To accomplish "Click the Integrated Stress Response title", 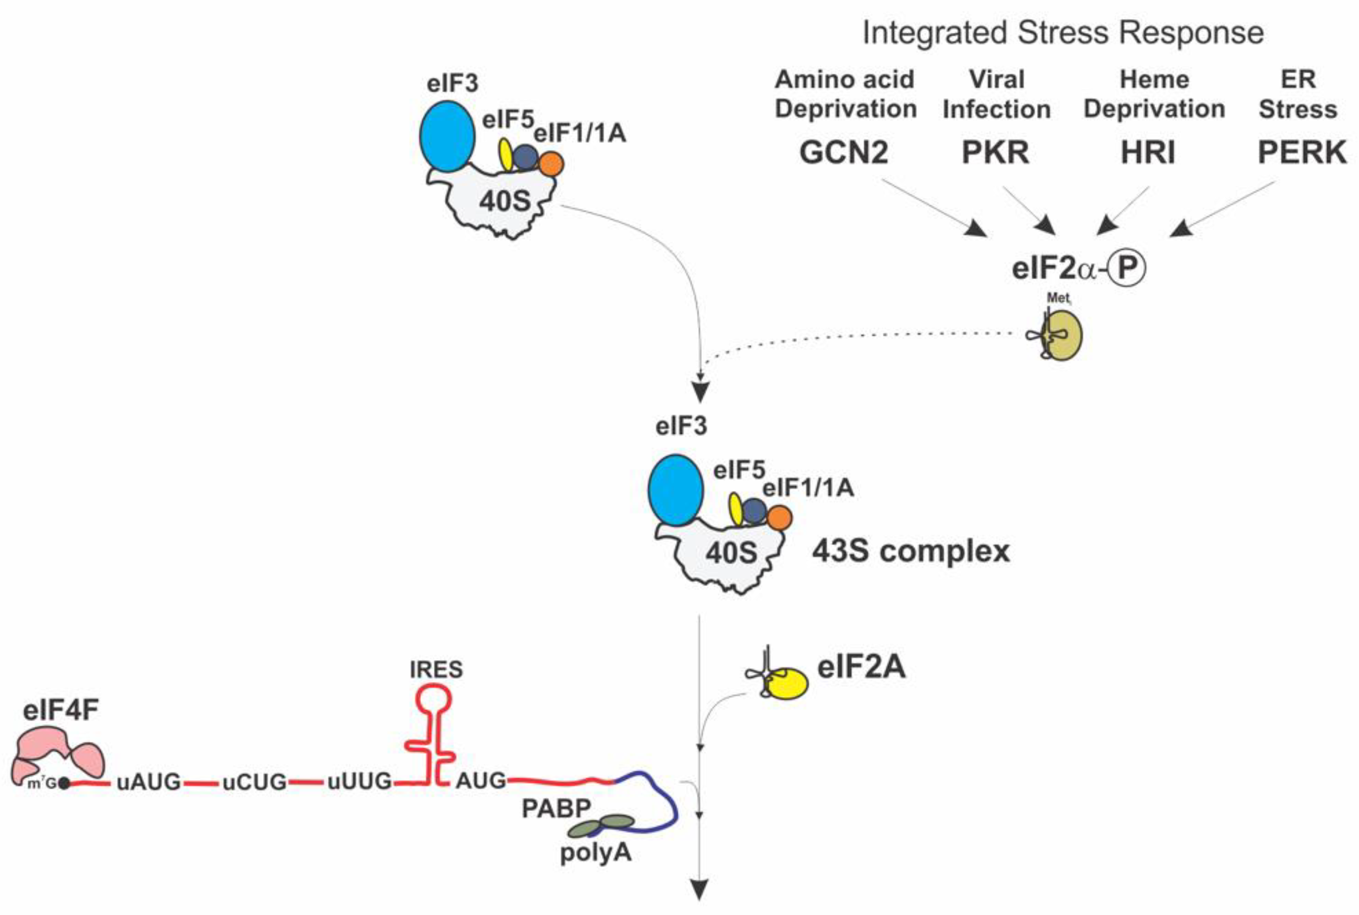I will [x=1063, y=33].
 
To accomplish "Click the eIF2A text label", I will [x=861, y=666].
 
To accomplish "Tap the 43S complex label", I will [x=910, y=551].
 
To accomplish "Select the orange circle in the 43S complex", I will [x=779, y=518].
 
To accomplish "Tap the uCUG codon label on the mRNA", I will [x=255, y=782].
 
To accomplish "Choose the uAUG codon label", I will [x=149, y=782].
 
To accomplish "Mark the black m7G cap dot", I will [x=64, y=784].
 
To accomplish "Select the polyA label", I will [x=595, y=853].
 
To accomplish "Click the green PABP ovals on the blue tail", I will [x=601, y=826].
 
